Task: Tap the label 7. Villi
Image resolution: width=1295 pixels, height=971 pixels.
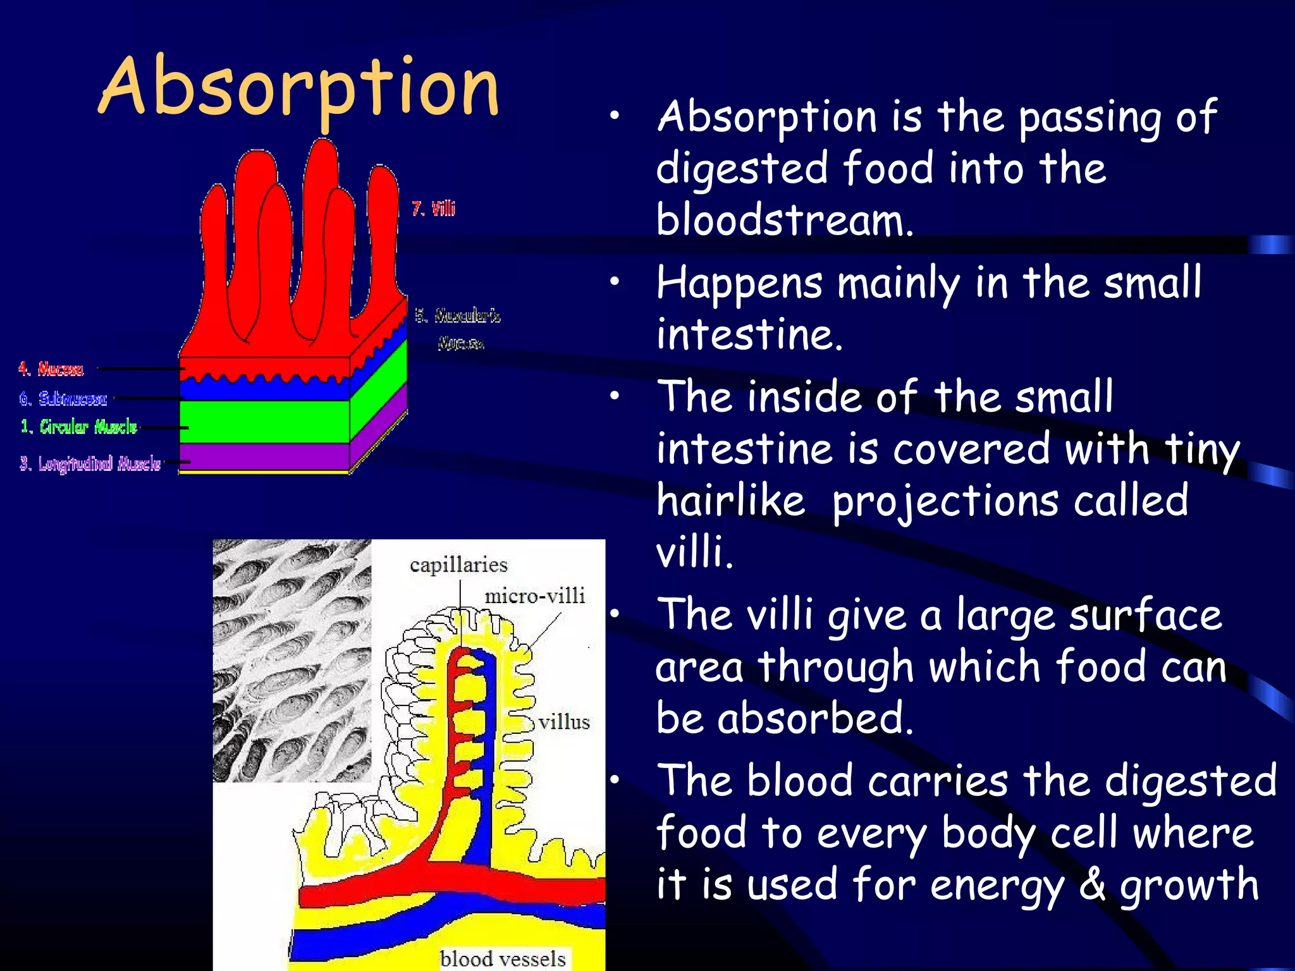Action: (433, 209)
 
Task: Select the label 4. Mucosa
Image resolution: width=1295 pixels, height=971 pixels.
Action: (51, 369)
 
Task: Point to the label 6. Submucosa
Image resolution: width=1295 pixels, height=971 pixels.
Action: (63, 398)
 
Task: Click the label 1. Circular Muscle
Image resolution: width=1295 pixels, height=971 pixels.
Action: (79, 427)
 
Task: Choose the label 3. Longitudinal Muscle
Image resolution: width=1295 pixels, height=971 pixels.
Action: (90, 463)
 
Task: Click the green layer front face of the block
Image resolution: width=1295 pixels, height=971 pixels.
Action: (264, 422)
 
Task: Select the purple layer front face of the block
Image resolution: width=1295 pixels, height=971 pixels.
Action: (264, 456)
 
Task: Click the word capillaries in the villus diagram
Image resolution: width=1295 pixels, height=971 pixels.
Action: (458, 565)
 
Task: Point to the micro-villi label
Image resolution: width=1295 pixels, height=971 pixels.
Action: (534, 595)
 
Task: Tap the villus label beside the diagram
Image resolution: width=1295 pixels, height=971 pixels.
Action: (564, 721)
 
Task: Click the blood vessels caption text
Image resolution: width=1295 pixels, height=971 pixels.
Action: (503, 958)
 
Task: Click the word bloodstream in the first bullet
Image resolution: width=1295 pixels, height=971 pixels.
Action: (784, 220)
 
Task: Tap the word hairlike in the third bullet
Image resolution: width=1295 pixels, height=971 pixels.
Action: (731, 500)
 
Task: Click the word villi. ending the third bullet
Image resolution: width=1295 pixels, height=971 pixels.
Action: (694, 552)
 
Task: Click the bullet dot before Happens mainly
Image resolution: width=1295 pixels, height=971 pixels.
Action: (615, 283)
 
